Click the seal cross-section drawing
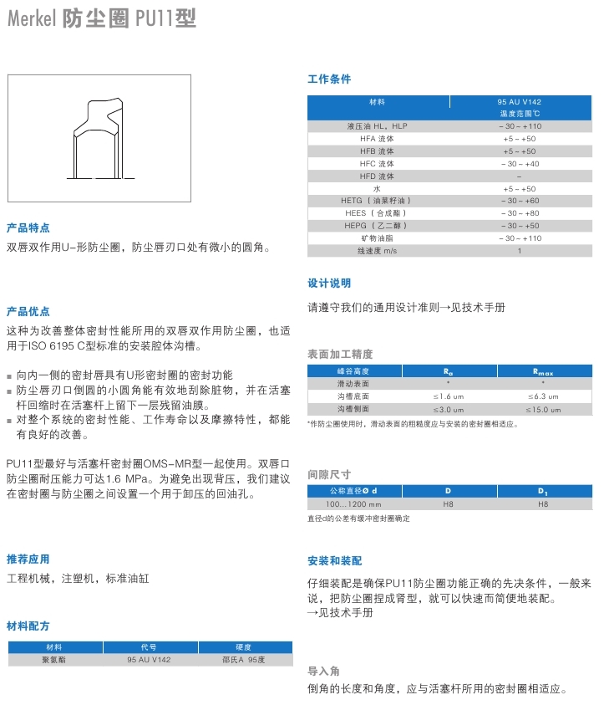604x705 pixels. (103, 137)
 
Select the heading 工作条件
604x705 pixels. (329, 79)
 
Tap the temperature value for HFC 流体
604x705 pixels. (520, 164)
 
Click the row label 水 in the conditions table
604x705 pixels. (377, 189)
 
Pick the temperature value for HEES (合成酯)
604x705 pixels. (520, 213)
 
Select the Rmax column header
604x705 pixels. (543, 371)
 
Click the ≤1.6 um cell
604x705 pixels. (448, 396)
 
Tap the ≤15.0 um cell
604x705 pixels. (543, 409)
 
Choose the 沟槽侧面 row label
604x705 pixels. (353, 409)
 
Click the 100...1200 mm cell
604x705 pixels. (353, 504)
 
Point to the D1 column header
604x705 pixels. (543, 491)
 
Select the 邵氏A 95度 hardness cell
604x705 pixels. (243, 660)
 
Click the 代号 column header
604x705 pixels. (148, 647)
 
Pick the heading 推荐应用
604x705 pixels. (28, 559)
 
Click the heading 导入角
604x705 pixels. (324, 671)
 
